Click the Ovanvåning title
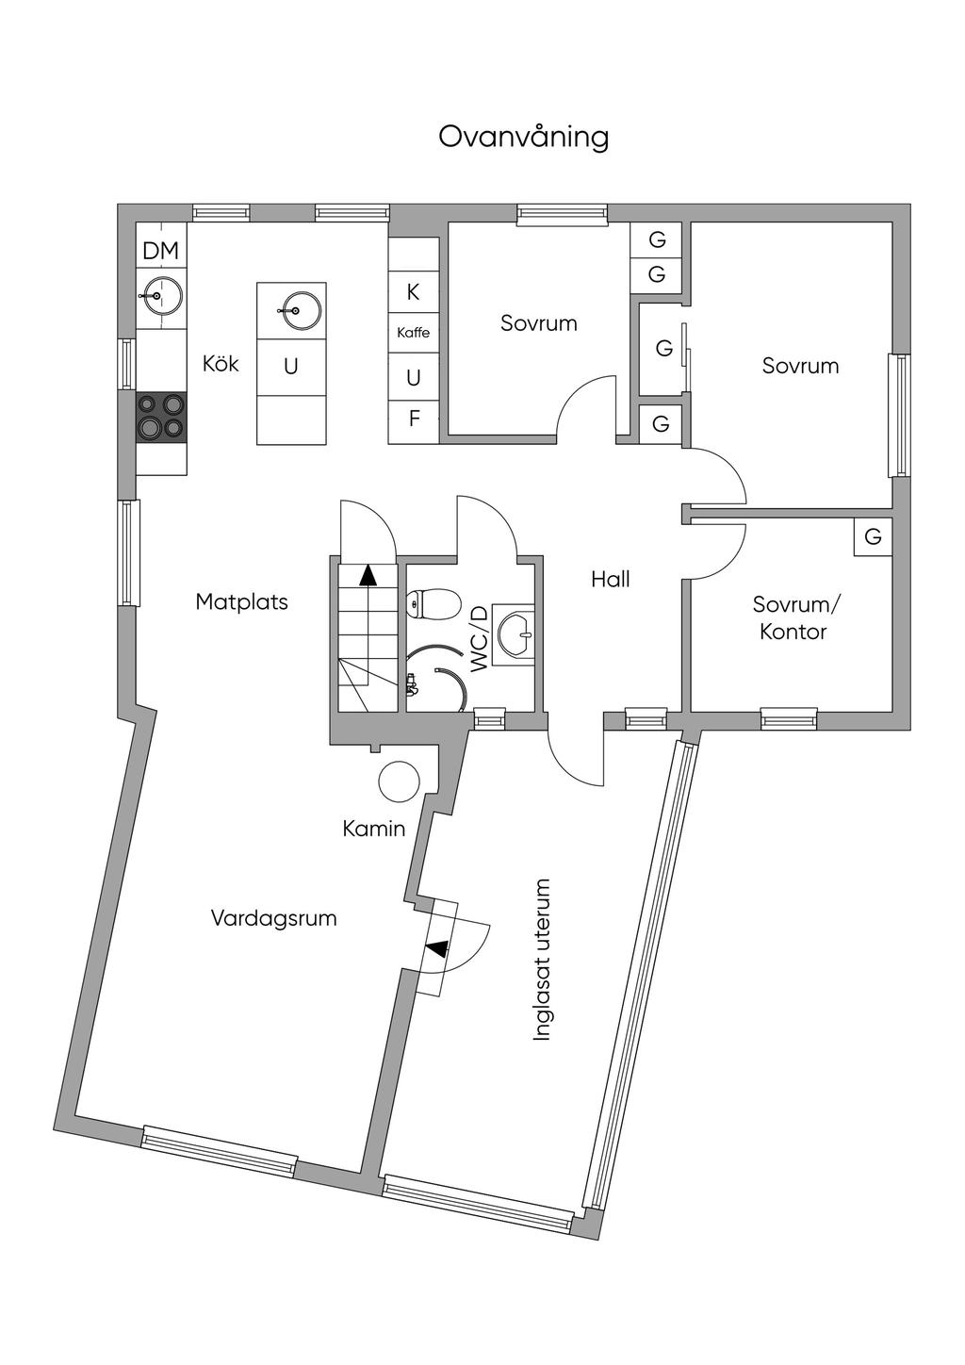click(524, 137)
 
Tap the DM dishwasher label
click(160, 251)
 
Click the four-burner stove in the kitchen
click(161, 417)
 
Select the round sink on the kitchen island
click(292, 307)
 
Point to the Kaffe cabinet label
click(413, 333)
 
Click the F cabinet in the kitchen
click(414, 419)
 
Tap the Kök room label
click(221, 364)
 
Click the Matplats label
click(241, 601)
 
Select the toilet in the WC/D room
click(433, 603)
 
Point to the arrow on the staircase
click(367, 574)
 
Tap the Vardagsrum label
click(273, 918)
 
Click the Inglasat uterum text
click(541, 960)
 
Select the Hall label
click(611, 579)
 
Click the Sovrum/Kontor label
click(793, 617)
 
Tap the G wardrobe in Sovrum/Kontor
click(873, 536)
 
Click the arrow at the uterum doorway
click(435, 949)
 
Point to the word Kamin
click(373, 829)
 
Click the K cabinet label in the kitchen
click(413, 292)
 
